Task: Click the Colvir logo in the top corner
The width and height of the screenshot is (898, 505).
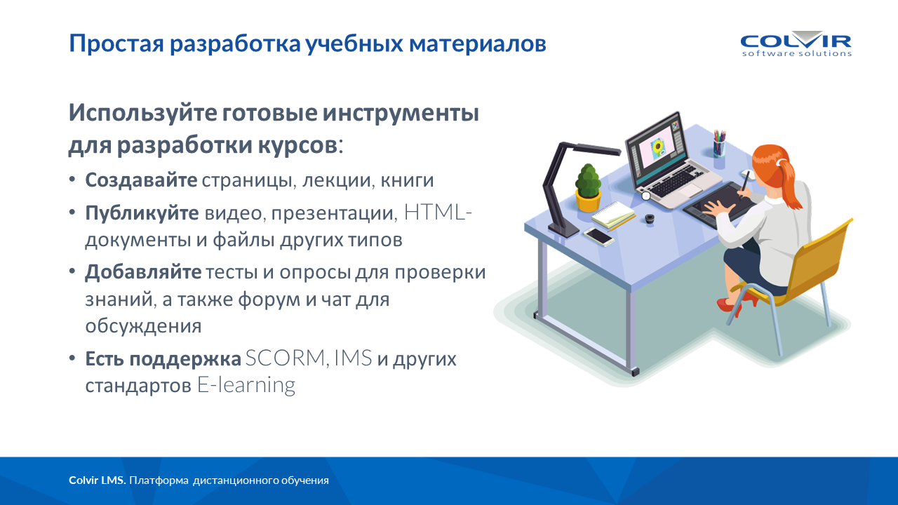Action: pyautogui.click(x=796, y=43)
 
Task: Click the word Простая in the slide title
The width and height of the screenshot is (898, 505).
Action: pyautogui.click(x=116, y=43)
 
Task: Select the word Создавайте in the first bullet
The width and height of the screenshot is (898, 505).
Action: pyautogui.click(x=141, y=180)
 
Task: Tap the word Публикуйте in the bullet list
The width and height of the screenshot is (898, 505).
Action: pyautogui.click(x=142, y=213)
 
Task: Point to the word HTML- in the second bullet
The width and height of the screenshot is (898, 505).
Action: pyautogui.click(x=438, y=212)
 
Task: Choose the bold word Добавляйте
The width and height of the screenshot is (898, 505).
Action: pyautogui.click(x=143, y=273)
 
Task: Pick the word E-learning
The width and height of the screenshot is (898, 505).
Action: pyautogui.click(x=246, y=385)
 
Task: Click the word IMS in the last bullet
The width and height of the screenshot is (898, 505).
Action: pyautogui.click(x=353, y=358)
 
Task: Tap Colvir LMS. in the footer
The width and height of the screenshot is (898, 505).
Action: pyautogui.click(x=98, y=480)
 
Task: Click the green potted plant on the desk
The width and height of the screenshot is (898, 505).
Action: pyautogui.click(x=588, y=188)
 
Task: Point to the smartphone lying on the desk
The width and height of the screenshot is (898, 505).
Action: pyautogui.click(x=598, y=236)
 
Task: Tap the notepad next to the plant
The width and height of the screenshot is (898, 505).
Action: pyautogui.click(x=613, y=215)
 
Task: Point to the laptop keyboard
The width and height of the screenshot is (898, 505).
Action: pyautogui.click(x=678, y=181)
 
